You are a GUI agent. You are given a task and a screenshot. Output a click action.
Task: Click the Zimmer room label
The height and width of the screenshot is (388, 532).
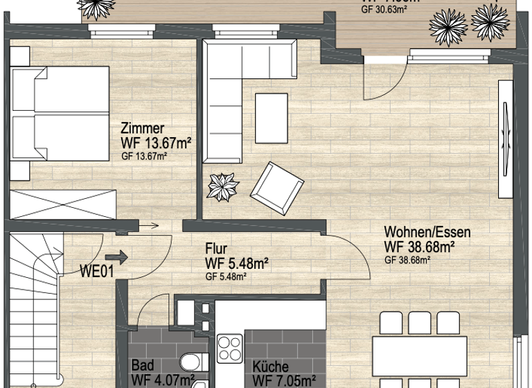pyautogui.click(x=142, y=129)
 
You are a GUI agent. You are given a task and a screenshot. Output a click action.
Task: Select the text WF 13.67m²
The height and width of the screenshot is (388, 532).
pyautogui.click(x=155, y=143)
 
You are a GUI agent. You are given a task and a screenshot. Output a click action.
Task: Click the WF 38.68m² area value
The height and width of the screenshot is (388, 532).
pyautogui.click(x=419, y=246)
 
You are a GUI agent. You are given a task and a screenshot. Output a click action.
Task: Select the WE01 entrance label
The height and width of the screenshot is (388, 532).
pyautogui.click(x=97, y=270)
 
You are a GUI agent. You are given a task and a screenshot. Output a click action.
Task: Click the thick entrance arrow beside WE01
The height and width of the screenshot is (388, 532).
pyautogui.click(x=120, y=258)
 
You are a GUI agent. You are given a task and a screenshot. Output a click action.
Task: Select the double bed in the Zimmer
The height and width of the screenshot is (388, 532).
pyautogui.click(x=59, y=115)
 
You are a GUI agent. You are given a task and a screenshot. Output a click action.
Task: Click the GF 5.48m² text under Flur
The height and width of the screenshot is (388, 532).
pyautogui.click(x=227, y=276)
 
